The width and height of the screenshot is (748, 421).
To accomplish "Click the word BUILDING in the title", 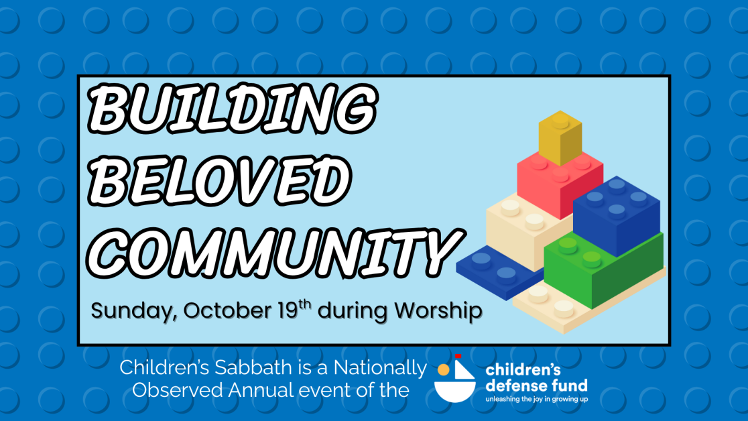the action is (x=233, y=109).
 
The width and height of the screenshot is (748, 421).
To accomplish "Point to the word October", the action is (x=227, y=310).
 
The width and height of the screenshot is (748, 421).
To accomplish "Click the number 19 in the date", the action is (x=288, y=310).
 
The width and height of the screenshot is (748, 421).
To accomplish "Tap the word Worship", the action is (x=438, y=311).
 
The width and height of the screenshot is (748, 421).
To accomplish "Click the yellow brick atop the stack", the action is (x=560, y=138).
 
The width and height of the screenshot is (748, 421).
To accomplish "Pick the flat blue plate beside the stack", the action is (x=499, y=272).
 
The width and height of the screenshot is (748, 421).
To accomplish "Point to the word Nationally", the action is (x=380, y=369).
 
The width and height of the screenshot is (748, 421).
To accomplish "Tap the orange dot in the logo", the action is (x=444, y=370).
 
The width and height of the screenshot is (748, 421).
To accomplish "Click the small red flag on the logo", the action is (x=458, y=356).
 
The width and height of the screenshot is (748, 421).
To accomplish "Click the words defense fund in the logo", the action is (x=536, y=385).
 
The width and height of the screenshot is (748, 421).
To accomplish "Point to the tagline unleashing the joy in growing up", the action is (x=537, y=399).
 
